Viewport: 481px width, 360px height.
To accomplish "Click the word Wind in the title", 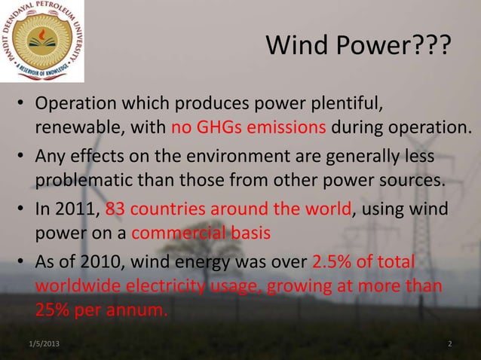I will (x=296, y=50).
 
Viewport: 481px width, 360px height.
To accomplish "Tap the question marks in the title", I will (x=433, y=50).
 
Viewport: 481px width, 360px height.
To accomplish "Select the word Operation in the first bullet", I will (x=81, y=103).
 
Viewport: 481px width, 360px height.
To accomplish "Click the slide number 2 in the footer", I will (x=450, y=344).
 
